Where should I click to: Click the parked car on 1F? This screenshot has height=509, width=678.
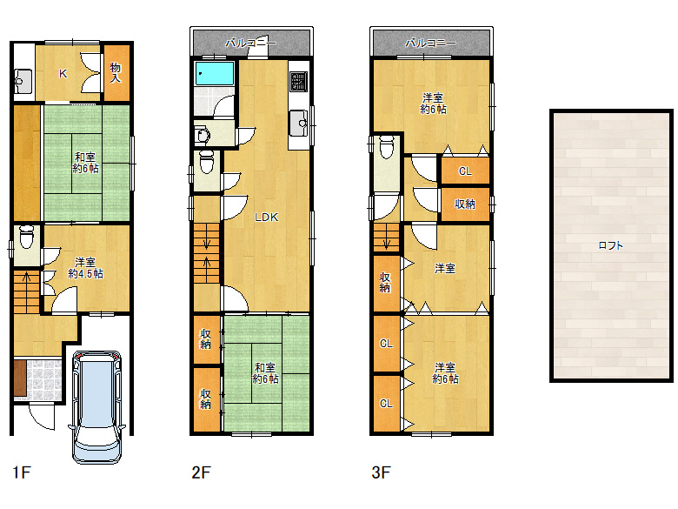[x=97, y=407]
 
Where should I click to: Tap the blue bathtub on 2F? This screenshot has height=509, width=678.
[x=215, y=73]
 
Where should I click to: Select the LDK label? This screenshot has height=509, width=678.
[x=266, y=218]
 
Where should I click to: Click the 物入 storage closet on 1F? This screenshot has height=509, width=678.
[x=116, y=73]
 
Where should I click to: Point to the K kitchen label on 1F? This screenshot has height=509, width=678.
[x=63, y=74]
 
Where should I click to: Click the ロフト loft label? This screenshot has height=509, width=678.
[x=610, y=245]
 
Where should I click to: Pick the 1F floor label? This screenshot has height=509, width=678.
[x=22, y=472]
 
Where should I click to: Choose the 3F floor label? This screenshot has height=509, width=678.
[x=381, y=472]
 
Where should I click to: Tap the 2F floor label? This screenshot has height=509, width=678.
[x=201, y=472]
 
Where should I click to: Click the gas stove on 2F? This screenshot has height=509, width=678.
[x=299, y=82]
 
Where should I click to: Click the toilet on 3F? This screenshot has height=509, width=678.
[x=387, y=147]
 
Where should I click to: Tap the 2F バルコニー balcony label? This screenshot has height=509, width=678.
[x=251, y=43]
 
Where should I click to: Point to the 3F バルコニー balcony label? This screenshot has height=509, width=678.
[x=430, y=43]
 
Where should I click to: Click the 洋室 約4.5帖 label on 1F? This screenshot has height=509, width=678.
[x=85, y=268]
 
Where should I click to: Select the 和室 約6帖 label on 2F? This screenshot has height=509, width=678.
[x=265, y=373]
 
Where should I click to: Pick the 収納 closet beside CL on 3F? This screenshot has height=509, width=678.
[x=465, y=204]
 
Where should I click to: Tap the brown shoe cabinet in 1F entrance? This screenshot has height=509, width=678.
[x=20, y=378]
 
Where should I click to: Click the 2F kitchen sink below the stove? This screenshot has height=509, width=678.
[x=299, y=124]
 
